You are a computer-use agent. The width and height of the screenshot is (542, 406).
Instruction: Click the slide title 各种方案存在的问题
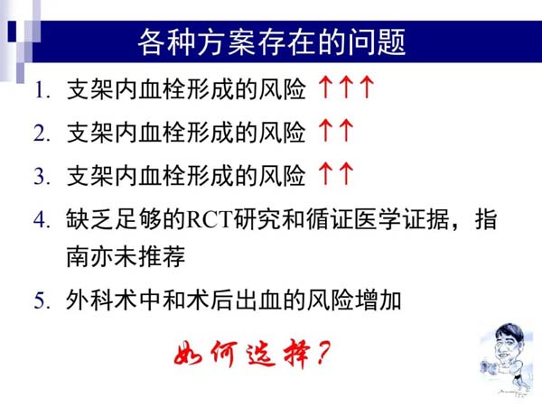[271, 42]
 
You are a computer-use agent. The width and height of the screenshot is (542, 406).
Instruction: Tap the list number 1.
[42, 91]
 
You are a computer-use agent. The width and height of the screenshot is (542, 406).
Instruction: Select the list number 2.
[42, 134]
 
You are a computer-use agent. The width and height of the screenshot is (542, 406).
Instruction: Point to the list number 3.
[42, 176]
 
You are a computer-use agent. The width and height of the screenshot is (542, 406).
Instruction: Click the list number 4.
[42, 219]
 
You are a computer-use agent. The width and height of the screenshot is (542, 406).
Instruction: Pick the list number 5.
[42, 300]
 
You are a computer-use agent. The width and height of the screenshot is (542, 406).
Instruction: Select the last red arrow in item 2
[346, 130]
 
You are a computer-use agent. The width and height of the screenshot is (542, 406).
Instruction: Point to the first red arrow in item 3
[324, 173]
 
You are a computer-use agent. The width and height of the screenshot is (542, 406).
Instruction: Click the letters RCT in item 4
[210, 219]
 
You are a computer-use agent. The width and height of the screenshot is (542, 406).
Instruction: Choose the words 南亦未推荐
[126, 257]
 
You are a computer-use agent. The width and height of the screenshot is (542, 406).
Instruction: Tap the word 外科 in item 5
[90, 300]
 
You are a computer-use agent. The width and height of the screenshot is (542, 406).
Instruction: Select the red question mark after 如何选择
[322, 353]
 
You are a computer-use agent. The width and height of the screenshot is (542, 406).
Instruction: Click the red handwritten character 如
[189, 354]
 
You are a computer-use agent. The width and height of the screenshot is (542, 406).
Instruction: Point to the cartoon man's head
[509, 340]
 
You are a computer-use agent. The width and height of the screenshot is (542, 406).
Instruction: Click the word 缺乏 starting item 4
[90, 219]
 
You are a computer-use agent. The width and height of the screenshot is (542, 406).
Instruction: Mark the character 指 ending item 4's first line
[486, 219]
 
